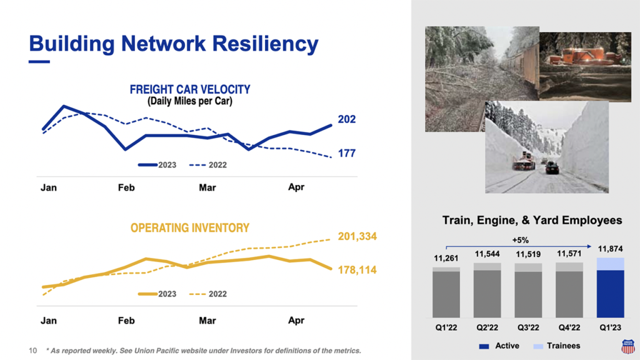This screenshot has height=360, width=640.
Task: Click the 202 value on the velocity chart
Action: (346, 119)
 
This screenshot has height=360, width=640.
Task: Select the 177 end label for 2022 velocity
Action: (346, 153)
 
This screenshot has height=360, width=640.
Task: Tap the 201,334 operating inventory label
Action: (357, 236)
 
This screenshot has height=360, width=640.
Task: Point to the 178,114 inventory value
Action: (357, 270)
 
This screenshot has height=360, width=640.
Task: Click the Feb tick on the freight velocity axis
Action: (126, 187)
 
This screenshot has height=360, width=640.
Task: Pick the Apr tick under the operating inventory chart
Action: (296, 321)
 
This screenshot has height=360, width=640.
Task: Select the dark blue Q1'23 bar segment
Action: (610, 294)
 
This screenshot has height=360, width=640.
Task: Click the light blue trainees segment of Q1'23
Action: (610, 264)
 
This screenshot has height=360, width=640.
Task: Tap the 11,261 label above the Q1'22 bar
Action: (446, 258)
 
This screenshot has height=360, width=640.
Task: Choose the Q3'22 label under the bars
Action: (528, 327)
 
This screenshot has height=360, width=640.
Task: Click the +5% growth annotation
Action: (521, 240)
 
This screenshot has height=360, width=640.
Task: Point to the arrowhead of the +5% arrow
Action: (589, 246)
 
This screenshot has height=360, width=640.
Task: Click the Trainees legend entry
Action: (557, 346)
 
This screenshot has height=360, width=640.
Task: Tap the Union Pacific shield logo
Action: (628, 346)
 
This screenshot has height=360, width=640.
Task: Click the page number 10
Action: (32, 351)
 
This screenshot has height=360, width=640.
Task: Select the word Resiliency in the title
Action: (265, 44)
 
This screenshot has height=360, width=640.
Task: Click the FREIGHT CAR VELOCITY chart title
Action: (190, 89)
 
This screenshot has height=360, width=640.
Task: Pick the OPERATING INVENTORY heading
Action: (190, 227)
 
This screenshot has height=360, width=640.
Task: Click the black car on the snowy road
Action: (552, 167)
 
